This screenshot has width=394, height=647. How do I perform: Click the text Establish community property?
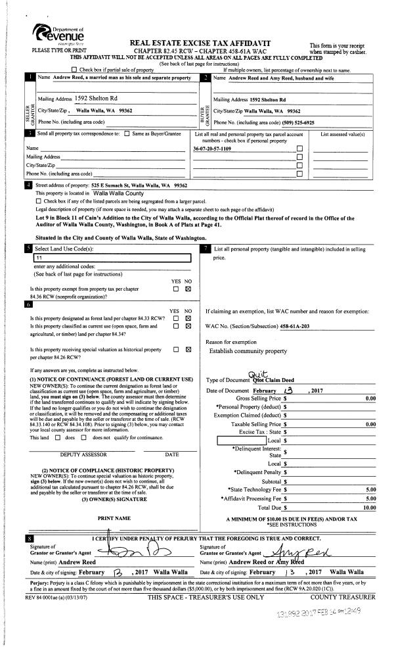248,352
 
